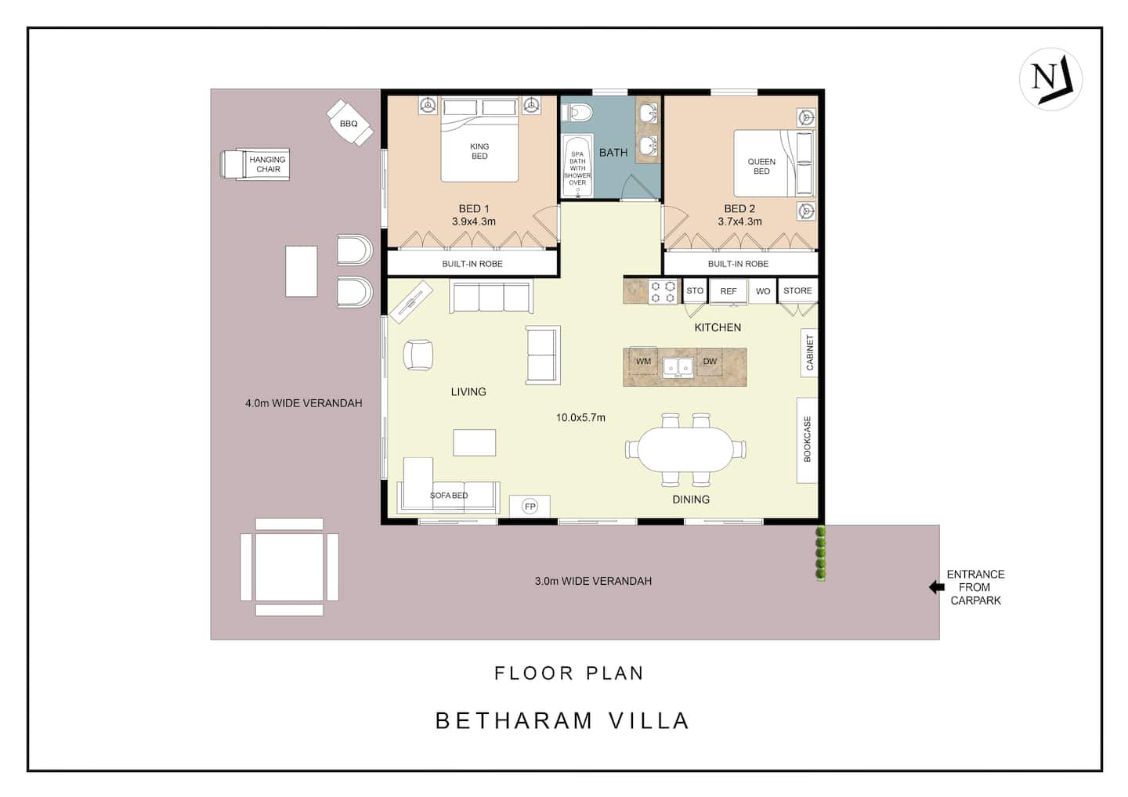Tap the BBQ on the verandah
tap(350, 123)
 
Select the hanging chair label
tap(267, 164)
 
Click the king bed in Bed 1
tap(479, 139)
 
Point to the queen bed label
tap(761, 167)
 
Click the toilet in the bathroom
tap(577, 113)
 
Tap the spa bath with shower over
tap(577, 165)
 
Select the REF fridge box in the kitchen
tap(728, 291)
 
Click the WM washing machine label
tap(643, 361)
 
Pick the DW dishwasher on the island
tap(710, 361)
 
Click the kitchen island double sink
tap(678, 366)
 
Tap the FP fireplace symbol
tap(530, 507)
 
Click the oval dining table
tap(686, 449)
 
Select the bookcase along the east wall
tap(807, 440)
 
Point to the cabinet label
tap(810, 353)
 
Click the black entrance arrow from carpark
tap(937, 586)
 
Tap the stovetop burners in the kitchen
tap(663, 292)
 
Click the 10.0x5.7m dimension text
tap(580, 417)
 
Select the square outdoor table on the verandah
tap(289, 567)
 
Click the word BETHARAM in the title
tap(514, 720)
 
